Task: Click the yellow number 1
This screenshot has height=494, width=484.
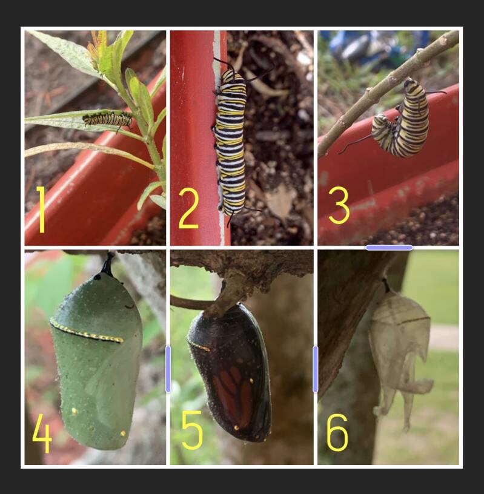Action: click(x=41, y=210)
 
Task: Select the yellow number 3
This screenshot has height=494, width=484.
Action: click(x=339, y=205)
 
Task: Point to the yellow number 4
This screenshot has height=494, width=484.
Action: click(x=42, y=433)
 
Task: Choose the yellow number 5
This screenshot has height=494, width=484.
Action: click(x=192, y=430)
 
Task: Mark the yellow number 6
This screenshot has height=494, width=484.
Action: click(x=337, y=432)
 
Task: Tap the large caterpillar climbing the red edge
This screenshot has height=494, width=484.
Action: click(x=231, y=140)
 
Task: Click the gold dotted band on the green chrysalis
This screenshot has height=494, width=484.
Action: click(x=86, y=332)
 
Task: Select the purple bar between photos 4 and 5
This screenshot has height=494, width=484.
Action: click(x=168, y=369)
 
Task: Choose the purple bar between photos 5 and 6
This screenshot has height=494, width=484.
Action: click(x=316, y=369)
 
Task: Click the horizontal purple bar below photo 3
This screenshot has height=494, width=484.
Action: click(x=389, y=248)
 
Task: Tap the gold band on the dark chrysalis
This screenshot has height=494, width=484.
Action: click(x=199, y=345)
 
